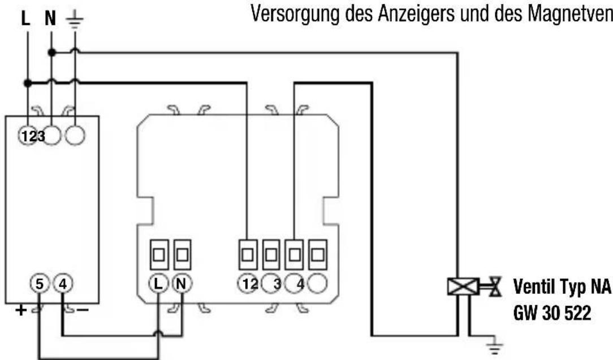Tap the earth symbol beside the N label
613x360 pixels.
(74, 20)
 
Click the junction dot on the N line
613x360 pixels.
(51, 53)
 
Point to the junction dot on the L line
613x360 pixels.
(27, 83)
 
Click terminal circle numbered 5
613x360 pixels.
(39, 284)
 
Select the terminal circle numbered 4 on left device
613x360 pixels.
(63, 284)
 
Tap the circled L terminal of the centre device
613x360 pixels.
(158, 284)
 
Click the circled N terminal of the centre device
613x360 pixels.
(182, 284)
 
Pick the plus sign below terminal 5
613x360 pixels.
(21, 310)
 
